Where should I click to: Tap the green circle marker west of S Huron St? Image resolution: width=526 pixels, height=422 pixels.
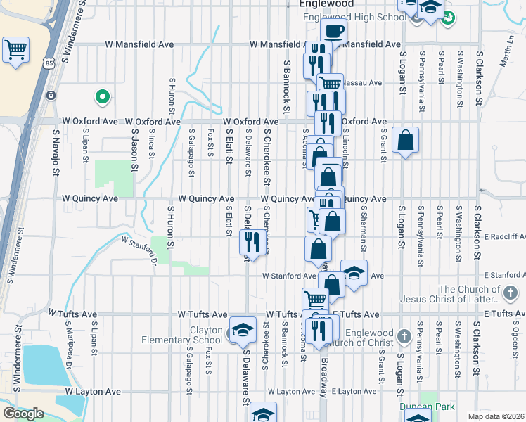coord(102,96)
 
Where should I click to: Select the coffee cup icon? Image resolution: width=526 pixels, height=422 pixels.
coord(335,31)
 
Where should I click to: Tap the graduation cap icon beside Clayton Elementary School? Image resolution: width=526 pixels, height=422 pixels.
coord(243,329)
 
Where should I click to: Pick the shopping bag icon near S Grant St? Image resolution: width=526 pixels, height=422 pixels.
coord(406,140)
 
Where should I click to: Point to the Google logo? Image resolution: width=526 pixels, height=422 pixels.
coord(23,414)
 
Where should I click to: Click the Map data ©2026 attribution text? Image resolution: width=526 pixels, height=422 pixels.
coord(496,416)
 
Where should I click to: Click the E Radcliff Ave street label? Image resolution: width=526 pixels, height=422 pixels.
coord(501,237)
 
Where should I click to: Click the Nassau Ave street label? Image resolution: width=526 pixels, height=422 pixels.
coord(361,83)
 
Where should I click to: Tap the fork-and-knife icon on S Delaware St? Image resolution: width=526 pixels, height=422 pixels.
coord(251,242)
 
